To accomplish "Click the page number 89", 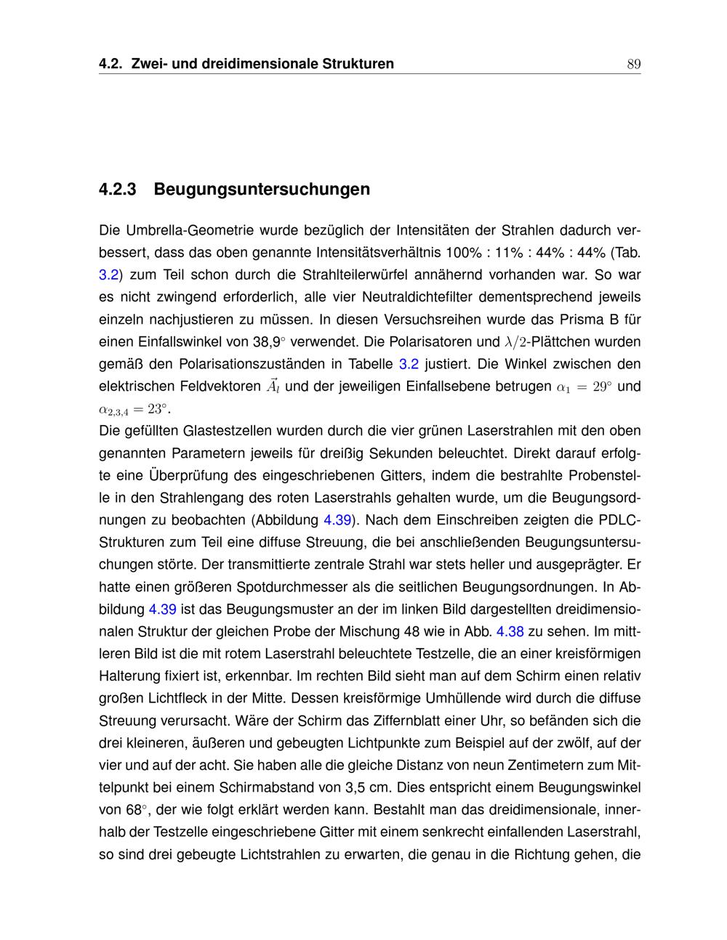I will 633,64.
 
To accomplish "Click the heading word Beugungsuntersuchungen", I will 262,190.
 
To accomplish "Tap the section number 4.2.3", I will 118,190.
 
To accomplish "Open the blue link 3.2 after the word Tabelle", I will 409,364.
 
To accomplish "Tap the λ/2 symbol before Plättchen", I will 519,342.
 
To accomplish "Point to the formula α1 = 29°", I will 587,386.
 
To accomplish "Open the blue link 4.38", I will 510,631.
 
